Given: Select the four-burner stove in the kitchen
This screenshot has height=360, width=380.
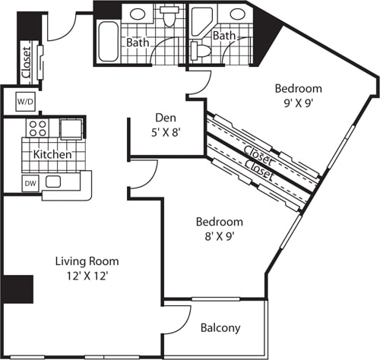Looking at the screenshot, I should click(x=38, y=127).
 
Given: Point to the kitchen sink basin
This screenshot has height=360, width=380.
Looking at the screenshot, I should click(x=53, y=182).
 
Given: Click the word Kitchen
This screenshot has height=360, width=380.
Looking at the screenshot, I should click(x=52, y=155).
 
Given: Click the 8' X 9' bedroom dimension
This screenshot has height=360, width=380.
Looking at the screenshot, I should click(x=219, y=236).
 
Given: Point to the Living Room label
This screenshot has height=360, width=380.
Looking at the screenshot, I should click(x=87, y=261).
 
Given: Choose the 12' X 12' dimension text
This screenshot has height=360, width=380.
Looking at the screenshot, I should click(x=87, y=276).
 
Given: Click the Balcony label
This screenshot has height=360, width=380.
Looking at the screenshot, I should click(x=220, y=328).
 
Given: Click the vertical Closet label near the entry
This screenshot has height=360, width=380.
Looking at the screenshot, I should click(x=26, y=64).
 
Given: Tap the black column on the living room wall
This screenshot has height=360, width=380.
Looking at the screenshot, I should click(x=17, y=289).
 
